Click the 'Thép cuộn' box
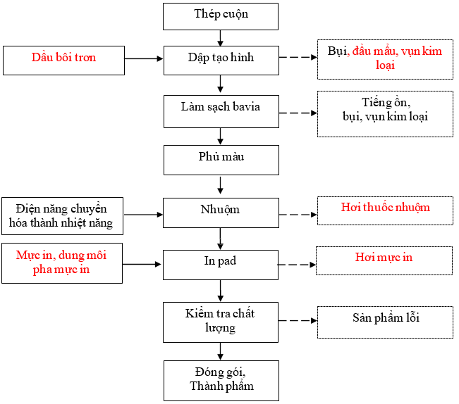(x=221, y=15)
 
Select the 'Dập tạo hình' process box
(x=221, y=59)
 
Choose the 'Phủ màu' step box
(x=221, y=159)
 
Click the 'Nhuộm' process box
(x=221, y=211)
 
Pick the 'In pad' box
(x=221, y=264)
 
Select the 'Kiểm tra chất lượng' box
(x=221, y=321)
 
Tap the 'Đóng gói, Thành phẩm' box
(x=221, y=380)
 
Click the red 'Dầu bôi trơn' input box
(x=63, y=60)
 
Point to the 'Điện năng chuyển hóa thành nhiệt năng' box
(x=62, y=216)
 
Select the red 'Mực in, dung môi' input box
(x=62, y=263)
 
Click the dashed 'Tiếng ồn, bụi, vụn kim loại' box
(x=385, y=113)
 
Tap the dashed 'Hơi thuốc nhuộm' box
(x=385, y=210)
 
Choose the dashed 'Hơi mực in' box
(x=384, y=260)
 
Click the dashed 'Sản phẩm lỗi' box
(x=385, y=321)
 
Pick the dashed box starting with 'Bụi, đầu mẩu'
(x=385, y=60)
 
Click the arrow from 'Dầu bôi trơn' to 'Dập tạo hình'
(x=144, y=60)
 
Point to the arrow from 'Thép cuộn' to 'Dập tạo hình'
(x=221, y=38)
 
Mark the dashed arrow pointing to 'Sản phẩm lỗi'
(x=298, y=321)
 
